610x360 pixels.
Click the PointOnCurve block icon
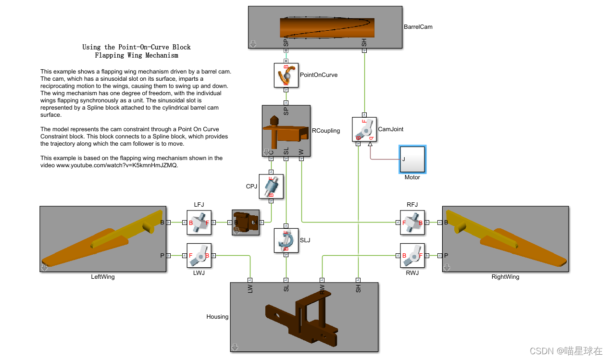pos(286,75)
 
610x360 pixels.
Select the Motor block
pos(412,160)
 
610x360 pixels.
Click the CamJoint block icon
pos(364,129)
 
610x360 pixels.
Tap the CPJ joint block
pos(271,186)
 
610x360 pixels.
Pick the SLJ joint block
pos(286,240)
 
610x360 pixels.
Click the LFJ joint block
pos(199,223)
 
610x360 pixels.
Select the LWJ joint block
pos(199,256)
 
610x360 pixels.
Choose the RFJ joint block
pos(412,223)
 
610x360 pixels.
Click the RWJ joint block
pos(412,256)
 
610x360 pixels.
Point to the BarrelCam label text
pos(418,27)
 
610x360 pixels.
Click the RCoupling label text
pos(325,130)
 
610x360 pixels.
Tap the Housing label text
pos(217,317)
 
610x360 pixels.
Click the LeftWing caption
pos(103,277)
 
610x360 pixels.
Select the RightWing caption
pos(505,277)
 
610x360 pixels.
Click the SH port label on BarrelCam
pos(364,42)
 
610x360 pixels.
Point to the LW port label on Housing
pos(250,288)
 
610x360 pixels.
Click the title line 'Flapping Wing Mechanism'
pos(137,55)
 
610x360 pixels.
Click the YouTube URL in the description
pos(117,165)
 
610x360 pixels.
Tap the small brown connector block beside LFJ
pos(246,223)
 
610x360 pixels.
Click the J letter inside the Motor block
pos(403,159)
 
